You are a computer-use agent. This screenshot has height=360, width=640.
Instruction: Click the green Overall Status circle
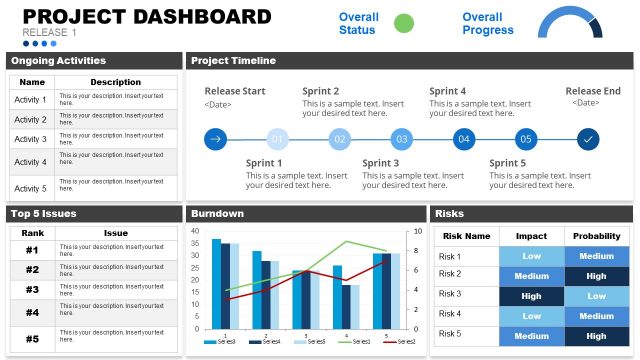pyautogui.click(x=404, y=24)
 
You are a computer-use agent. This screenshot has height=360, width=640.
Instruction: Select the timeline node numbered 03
pyautogui.click(x=401, y=139)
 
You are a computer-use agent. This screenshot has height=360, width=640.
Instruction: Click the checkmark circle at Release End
pyautogui.click(x=588, y=139)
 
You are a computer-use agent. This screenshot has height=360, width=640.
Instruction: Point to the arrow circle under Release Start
pyautogui.click(x=215, y=139)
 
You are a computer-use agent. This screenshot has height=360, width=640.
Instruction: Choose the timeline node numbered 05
pyautogui.click(x=525, y=139)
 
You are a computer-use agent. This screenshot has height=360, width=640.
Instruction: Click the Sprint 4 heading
pyautogui.click(x=448, y=91)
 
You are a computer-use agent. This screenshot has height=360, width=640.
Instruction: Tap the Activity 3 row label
pyautogui.click(x=30, y=139)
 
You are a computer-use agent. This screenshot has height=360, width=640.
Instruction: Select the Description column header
pyautogui.click(x=116, y=82)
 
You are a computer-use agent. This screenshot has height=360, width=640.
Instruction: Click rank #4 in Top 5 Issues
pyautogui.click(x=31, y=312)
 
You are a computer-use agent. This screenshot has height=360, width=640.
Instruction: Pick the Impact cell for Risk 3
pyautogui.click(x=532, y=295)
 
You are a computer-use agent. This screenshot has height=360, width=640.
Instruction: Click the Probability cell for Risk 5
pyautogui.click(x=596, y=336)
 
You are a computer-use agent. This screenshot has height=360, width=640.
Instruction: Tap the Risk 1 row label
pyautogui.click(x=450, y=256)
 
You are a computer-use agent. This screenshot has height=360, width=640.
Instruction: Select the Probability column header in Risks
pyautogui.click(x=596, y=236)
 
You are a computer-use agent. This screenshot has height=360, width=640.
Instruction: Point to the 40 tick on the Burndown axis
pyautogui.click(x=196, y=231)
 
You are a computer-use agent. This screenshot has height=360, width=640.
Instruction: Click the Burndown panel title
pyautogui.click(x=217, y=213)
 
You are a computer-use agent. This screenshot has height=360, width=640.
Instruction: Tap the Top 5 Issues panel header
pyautogui.click(x=44, y=213)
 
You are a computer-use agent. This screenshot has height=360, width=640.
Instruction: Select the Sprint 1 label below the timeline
pyautogui.click(x=264, y=163)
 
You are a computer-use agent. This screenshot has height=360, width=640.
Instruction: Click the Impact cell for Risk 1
pyautogui.click(x=532, y=256)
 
